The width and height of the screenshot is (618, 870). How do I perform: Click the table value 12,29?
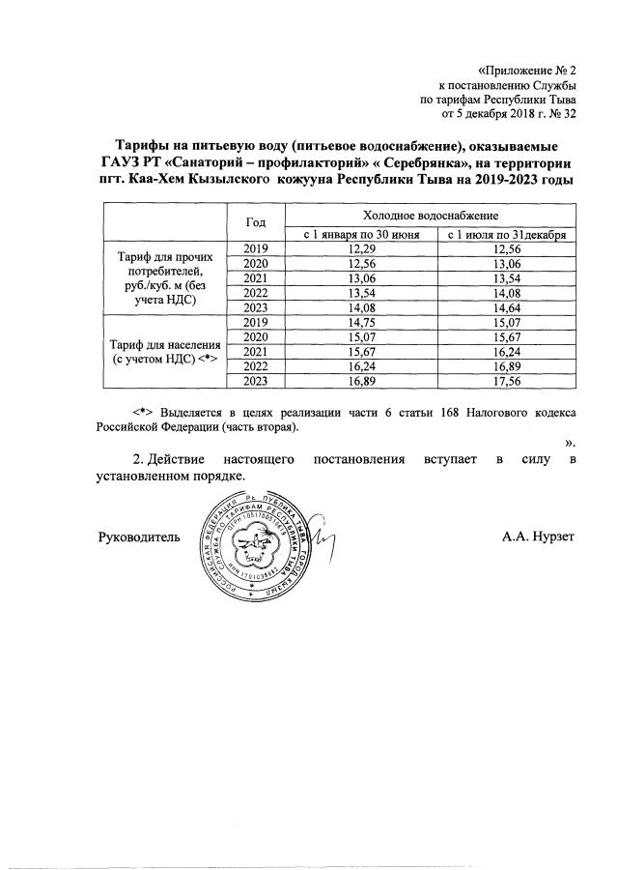(363, 249)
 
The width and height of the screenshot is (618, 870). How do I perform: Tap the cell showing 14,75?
(363, 322)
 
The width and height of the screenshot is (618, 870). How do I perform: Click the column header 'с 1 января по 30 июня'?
(363, 235)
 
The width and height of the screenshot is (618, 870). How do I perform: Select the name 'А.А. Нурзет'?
(538, 535)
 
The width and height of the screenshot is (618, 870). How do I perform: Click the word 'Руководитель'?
(139, 535)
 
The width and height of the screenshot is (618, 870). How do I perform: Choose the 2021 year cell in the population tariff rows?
(255, 351)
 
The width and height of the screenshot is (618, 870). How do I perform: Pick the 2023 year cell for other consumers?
(255, 307)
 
